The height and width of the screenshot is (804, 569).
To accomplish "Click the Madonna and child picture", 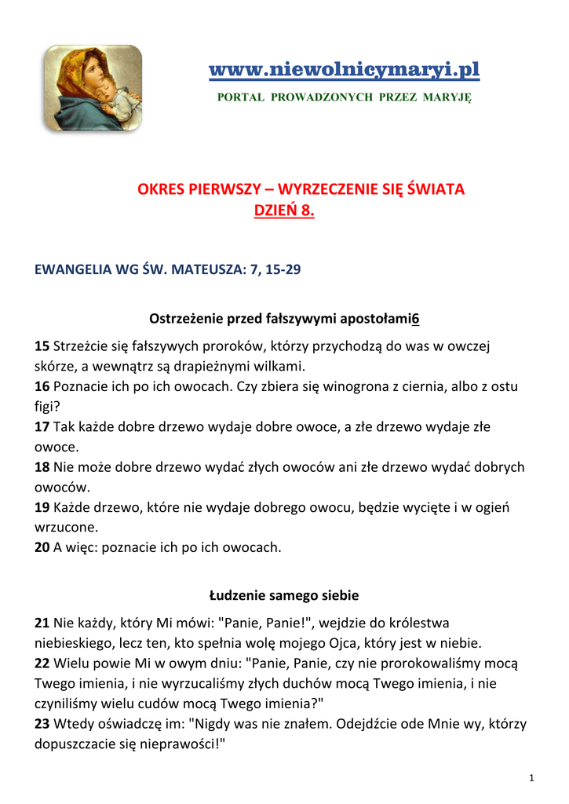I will [93, 88].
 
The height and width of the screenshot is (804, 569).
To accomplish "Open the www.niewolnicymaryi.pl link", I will [344, 70].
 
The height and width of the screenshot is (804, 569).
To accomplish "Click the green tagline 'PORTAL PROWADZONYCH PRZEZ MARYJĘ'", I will [344, 97].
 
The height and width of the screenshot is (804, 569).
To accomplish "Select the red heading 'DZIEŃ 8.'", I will [284, 210].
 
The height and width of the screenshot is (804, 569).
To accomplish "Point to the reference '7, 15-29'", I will [275, 270].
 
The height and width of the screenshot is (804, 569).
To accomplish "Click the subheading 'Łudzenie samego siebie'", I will [284, 595].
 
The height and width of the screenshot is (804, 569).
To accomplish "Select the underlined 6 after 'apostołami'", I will [415, 319].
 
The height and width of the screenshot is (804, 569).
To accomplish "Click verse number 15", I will [42, 346].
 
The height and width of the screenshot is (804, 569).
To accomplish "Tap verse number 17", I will [42, 427].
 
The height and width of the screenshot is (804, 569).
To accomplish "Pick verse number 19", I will [42, 508].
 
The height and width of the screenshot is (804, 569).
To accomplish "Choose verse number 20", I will [42, 548].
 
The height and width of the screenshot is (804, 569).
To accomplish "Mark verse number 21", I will [42, 623].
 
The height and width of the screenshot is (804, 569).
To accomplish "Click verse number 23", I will [42, 724].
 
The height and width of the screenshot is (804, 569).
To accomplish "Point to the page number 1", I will [531, 778].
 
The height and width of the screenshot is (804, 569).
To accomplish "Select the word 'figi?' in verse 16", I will [47, 407].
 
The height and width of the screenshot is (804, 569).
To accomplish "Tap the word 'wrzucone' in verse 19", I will [66, 528].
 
